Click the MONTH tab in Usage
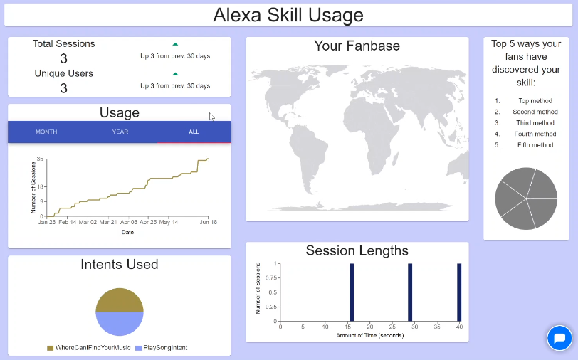click(x=46, y=132)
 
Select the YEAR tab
click(x=120, y=132)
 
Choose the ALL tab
click(x=194, y=132)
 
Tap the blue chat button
click(x=559, y=338)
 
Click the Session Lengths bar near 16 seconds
click(x=352, y=292)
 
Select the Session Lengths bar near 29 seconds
click(x=410, y=292)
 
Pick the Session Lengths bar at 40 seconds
click(x=459, y=292)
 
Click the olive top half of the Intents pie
click(x=120, y=301)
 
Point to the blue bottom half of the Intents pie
click(x=120, y=324)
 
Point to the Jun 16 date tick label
click(x=209, y=222)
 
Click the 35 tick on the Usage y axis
click(x=40, y=159)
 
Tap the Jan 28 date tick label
click(x=47, y=222)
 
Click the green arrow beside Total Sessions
click(x=175, y=44)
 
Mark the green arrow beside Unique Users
click(x=175, y=74)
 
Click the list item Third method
click(x=535, y=123)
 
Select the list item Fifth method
click(x=535, y=145)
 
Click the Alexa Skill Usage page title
click(x=288, y=15)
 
